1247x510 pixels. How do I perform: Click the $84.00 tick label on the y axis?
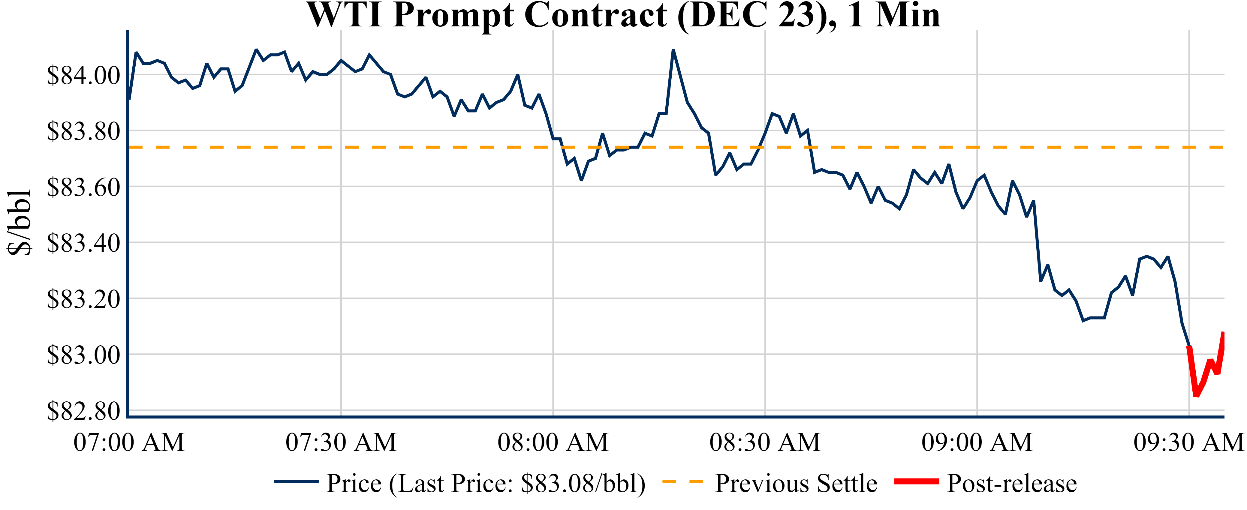click(x=83, y=76)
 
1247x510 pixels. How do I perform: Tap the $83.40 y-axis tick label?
click(x=83, y=243)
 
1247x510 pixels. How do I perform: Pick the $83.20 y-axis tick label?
click(x=83, y=299)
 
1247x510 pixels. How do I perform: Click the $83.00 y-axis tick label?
click(x=83, y=355)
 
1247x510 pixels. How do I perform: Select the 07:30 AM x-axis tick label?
click(x=341, y=442)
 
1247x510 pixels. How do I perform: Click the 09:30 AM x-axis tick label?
click(x=1189, y=442)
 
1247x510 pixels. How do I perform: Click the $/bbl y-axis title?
click(x=20, y=222)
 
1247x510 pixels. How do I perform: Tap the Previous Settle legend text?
click(x=796, y=483)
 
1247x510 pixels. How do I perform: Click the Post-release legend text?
click(x=1012, y=483)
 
